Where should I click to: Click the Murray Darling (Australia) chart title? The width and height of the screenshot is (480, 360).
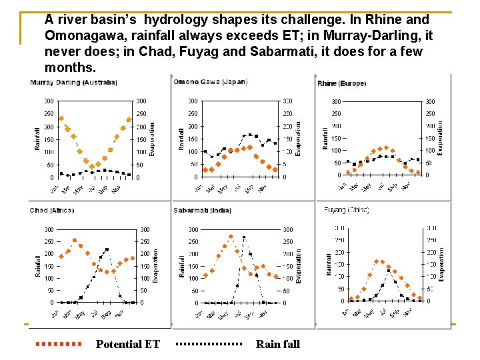coord(73,83)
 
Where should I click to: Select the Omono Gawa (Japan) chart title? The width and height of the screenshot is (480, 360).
coord(210,82)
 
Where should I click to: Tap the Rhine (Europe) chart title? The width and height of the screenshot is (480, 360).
coord(341,84)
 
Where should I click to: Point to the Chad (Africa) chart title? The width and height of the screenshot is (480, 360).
coord(52,211)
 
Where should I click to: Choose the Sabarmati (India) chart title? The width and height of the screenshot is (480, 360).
coord(203,211)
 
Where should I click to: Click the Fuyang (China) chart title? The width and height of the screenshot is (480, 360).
coord(346,210)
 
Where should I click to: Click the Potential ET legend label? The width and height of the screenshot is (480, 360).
coord(128,344)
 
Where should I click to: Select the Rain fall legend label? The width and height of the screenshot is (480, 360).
coord(278,344)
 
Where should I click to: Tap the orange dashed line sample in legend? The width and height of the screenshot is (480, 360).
coord(58,344)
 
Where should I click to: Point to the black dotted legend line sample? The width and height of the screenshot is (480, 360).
coord(209,344)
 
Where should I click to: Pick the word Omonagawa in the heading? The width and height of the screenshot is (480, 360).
coord(85,36)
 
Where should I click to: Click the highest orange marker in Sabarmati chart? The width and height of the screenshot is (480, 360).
coord(231,236)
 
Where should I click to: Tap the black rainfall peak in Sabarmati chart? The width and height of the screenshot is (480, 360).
coord(244,237)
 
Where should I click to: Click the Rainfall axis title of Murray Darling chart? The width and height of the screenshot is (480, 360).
coord(37,139)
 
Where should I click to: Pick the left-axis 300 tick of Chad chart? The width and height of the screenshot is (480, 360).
coord(49,229)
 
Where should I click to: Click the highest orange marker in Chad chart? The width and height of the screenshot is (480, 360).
coord(75,240)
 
